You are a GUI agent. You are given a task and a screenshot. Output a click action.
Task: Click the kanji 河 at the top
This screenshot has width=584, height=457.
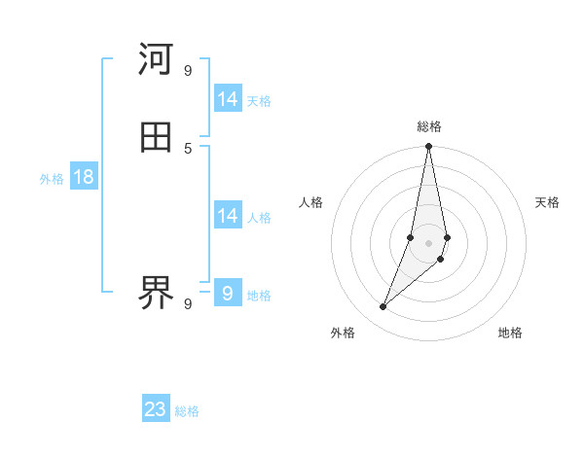coord(156,59)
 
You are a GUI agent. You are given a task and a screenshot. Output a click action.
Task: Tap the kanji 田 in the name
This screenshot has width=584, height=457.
coord(156,137)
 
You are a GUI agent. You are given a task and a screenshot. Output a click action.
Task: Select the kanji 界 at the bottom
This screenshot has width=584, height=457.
coord(156,293)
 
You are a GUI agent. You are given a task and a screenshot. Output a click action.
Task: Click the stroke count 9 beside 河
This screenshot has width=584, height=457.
coord(188,70)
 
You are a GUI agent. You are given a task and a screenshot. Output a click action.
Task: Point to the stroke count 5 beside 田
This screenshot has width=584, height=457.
coord(188,148)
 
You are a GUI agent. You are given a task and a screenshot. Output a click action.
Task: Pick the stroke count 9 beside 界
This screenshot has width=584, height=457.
coord(188,303)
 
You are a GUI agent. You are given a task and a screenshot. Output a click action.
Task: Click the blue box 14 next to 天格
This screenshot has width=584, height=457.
coord(228,99)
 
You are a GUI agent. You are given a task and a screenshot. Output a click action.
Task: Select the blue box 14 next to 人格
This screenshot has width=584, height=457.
coord(228,216)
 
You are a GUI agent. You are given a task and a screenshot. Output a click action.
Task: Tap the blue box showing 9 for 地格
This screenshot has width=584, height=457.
coord(228,293)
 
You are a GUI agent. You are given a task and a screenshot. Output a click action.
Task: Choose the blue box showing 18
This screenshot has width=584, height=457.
coord(84,177)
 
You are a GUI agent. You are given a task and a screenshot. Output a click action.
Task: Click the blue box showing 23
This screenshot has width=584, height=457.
coord(156,409)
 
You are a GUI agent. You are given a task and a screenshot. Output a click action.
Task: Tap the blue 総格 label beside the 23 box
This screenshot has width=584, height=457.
coord(187,411)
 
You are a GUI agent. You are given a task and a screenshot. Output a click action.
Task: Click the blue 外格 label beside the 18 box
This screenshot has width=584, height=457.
coord(52,179)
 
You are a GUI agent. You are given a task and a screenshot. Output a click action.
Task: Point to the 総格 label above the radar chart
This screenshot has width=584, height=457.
coord(429,126)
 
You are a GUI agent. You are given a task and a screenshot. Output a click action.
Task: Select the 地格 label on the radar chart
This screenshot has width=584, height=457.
coord(510,333)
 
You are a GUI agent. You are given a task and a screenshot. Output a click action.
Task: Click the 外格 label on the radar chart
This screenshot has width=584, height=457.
coord(343,333)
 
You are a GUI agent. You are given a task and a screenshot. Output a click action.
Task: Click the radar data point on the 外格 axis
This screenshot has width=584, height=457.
coord(383,307)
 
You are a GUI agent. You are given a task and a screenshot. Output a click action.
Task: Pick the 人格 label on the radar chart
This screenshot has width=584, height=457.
coord(311,202)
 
